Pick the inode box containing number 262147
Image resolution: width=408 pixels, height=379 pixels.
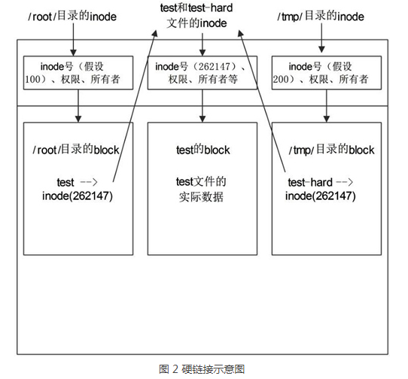[202, 72]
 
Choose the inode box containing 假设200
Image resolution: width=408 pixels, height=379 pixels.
[325, 72]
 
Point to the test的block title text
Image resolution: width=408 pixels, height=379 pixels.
[202, 150]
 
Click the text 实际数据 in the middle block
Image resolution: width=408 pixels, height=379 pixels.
[202, 197]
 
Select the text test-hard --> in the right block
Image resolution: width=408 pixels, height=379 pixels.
[320, 182]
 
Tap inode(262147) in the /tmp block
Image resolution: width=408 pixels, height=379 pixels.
[321, 197]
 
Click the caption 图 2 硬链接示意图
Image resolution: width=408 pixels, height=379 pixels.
[202, 368]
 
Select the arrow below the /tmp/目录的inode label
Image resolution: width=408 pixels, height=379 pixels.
[325, 38]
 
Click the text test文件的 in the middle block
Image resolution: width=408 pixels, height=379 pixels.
[202, 182]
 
